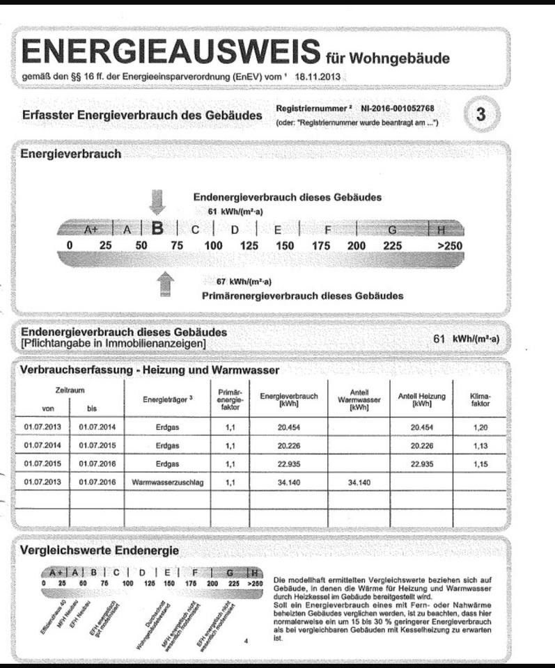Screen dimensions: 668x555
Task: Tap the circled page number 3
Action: pyautogui.click(x=480, y=115)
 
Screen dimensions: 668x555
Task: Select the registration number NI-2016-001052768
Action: pyautogui.click(x=398, y=109)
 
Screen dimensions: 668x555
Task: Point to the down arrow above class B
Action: pyautogui.click(x=157, y=202)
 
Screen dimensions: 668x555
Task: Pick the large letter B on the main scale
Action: pyautogui.click(x=158, y=228)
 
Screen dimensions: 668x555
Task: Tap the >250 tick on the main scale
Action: pyautogui.click(x=449, y=246)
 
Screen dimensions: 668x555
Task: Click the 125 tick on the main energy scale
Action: pyautogui.click(x=249, y=246)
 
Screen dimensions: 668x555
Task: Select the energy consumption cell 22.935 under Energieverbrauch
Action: pyautogui.click(x=288, y=463)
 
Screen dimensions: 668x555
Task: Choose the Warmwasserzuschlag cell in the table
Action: pyautogui.click(x=166, y=482)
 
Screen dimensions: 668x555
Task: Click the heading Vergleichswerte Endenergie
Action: pyautogui.click(x=100, y=550)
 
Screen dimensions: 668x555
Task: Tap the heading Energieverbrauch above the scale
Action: pyautogui.click(x=71, y=154)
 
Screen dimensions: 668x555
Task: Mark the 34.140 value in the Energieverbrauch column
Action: pyautogui.click(x=288, y=482)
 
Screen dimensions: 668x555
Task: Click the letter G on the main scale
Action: pyautogui.click(x=392, y=229)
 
